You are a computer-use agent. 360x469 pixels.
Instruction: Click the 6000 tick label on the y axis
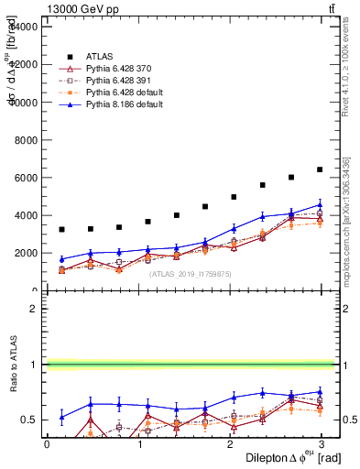25,178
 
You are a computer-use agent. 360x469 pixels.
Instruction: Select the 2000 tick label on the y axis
25,253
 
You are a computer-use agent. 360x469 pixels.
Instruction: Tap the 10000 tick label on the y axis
22,103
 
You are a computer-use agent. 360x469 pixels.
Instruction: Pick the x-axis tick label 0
47,444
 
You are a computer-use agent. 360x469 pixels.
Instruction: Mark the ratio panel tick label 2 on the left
33,309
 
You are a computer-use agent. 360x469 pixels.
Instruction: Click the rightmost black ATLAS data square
320,169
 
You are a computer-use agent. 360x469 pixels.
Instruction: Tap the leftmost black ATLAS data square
61,229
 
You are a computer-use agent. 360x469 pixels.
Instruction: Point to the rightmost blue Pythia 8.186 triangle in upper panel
320,205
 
